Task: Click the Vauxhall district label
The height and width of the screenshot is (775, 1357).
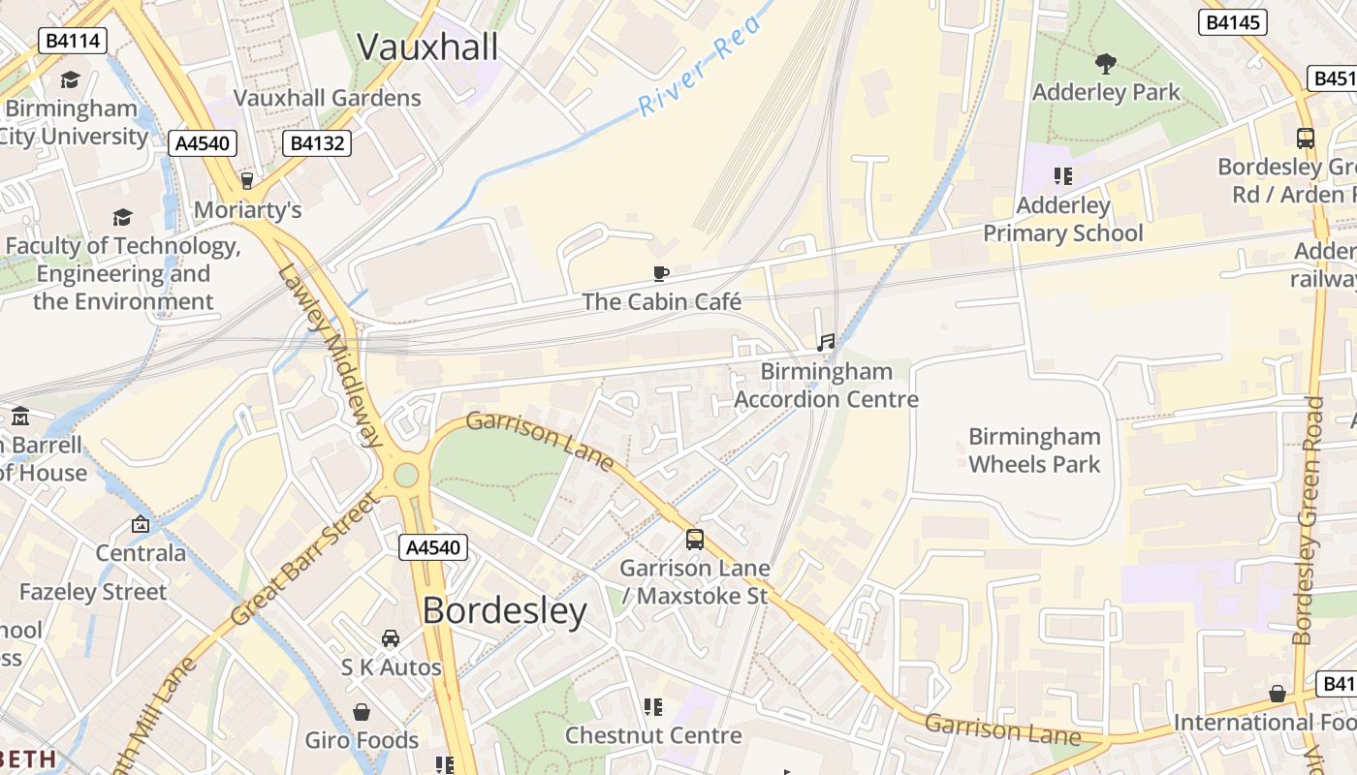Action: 427,46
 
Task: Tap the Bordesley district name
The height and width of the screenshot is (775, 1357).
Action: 504,610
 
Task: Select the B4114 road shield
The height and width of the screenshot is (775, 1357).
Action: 72,40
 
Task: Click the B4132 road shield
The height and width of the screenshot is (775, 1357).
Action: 316,143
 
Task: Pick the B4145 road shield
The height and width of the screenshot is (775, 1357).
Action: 1233,21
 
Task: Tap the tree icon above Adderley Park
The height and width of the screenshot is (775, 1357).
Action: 1105,65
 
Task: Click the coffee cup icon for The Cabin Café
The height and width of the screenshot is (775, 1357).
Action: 661,274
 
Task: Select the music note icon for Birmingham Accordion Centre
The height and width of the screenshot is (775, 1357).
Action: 826,343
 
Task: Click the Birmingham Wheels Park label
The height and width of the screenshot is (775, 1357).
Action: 1034,450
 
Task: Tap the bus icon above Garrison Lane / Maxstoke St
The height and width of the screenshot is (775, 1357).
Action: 695,540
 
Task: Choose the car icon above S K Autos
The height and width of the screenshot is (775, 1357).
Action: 391,638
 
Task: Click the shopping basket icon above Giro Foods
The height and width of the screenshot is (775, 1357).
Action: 362,712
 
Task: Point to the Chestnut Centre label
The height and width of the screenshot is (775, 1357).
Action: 653,735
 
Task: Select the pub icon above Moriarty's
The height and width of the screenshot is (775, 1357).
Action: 247,181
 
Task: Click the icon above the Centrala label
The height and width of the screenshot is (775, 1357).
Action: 141,524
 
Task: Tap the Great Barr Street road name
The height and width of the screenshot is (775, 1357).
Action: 304,560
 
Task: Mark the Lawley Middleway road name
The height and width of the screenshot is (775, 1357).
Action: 331,356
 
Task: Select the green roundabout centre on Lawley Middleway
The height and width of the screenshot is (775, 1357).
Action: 406,475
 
